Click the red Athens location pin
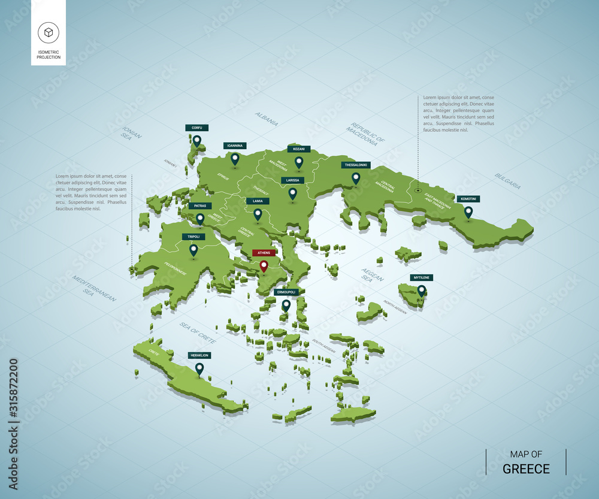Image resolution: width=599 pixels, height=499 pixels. point(264,266)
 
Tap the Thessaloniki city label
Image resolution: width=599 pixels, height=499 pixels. point(356,165)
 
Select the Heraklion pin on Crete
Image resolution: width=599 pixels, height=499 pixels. point(199,368)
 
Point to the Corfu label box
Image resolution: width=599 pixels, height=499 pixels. point(196,128)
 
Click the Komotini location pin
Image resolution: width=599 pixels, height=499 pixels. point(468,212)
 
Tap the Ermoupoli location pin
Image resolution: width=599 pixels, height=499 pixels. point(286,305)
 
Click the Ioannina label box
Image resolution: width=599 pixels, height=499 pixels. point(235,145)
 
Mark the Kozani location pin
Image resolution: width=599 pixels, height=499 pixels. point(299,162)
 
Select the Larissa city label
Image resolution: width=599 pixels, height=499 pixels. point(293,180)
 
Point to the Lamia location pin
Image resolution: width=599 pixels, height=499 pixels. point(258,214)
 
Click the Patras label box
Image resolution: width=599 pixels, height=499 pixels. point(199,206)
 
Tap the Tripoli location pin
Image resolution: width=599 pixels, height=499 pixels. point(193,250)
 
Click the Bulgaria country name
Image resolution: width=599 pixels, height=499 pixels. point(507,181)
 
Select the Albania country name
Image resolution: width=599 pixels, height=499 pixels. point(266,119)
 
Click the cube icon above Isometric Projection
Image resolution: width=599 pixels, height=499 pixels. point(48,32)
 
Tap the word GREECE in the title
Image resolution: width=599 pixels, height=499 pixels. point(526,468)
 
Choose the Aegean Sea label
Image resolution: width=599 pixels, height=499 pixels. point(372,275)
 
